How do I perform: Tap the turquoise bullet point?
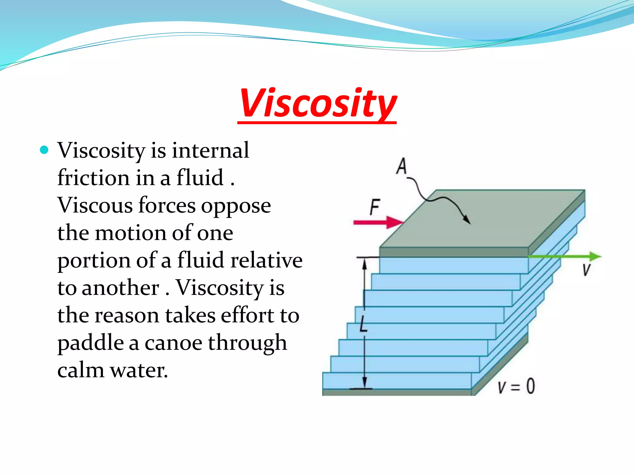[45, 150]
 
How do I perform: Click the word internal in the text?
[210, 150]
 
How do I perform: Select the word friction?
[93, 178]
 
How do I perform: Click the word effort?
[247, 315]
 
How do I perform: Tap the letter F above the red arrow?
[375, 207]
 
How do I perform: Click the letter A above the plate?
[402, 166]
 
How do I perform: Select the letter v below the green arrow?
[586, 270]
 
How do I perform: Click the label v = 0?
[516, 386]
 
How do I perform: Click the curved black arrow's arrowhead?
[467, 220]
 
